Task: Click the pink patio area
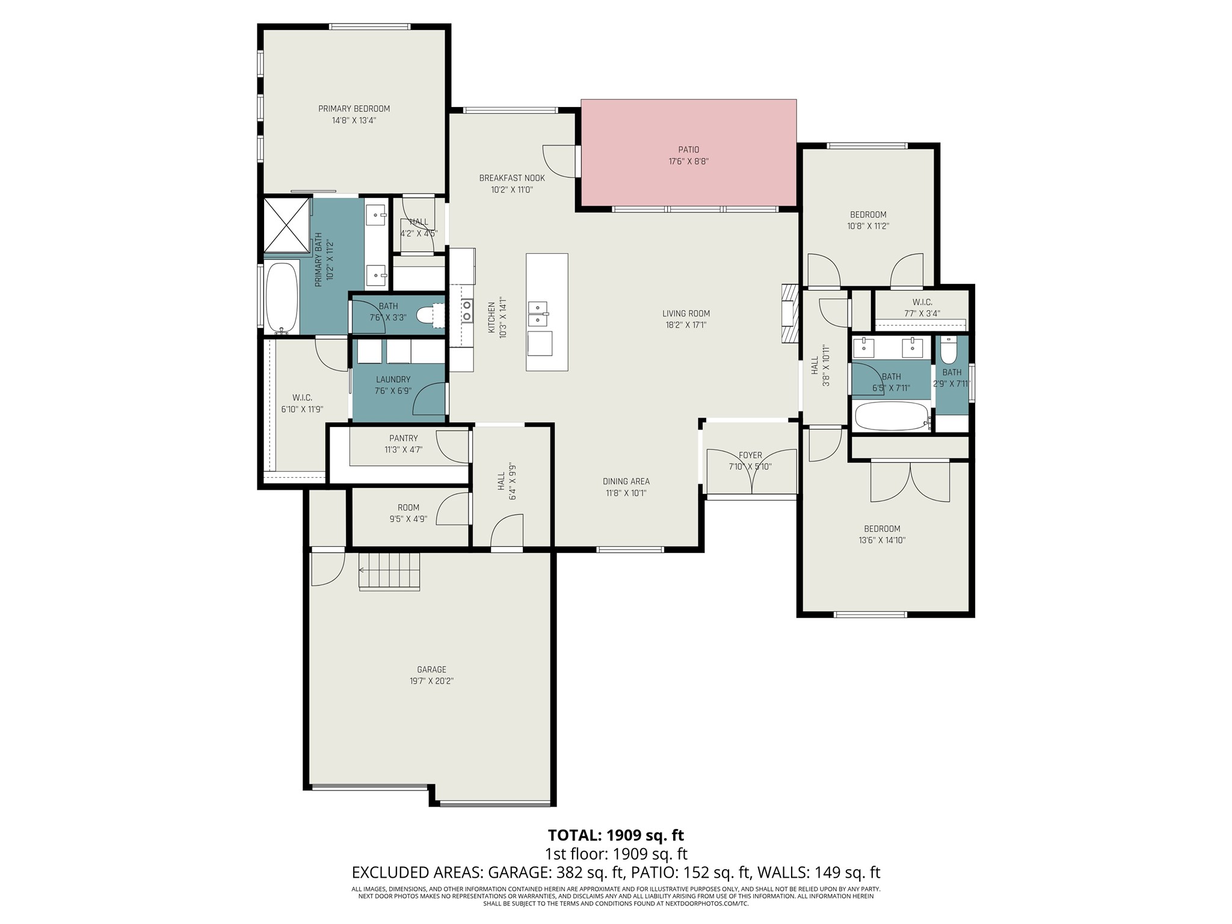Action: [688, 152]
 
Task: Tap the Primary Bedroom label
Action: [354, 109]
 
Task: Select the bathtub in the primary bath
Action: [282, 297]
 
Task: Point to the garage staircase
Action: [389, 571]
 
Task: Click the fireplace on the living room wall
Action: [789, 313]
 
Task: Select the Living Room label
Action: [686, 313]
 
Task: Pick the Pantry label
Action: [403, 439]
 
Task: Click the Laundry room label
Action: [393, 380]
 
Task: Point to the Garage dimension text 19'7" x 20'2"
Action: [432, 681]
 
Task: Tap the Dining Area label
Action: [626, 481]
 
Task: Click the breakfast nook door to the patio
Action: [559, 161]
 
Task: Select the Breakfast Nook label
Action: [512, 178]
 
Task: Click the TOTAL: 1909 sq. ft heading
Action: [616, 835]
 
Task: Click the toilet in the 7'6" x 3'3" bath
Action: [431, 315]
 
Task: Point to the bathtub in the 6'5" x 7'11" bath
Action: [892, 416]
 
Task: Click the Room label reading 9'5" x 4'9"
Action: [408, 508]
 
